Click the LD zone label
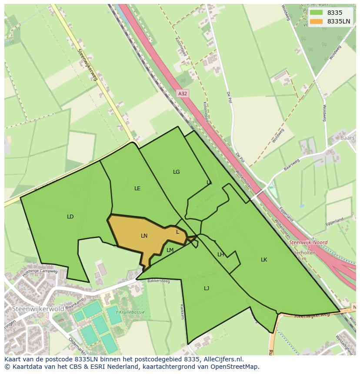coord(70,217)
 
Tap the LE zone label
coord(137,189)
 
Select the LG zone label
coord(176,172)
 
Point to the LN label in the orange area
coord(144,236)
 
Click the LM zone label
coord(170,250)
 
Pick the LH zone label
coord(221,255)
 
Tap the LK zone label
coord(264,260)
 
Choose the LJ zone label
coord(207,288)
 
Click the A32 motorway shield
coord(183,93)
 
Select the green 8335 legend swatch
coord(317,13)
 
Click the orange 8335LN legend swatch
coord(317,21)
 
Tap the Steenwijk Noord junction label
coord(308,242)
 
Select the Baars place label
coord(348,138)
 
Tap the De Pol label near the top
coord(228,97)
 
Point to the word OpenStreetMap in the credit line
coord(234,367)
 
